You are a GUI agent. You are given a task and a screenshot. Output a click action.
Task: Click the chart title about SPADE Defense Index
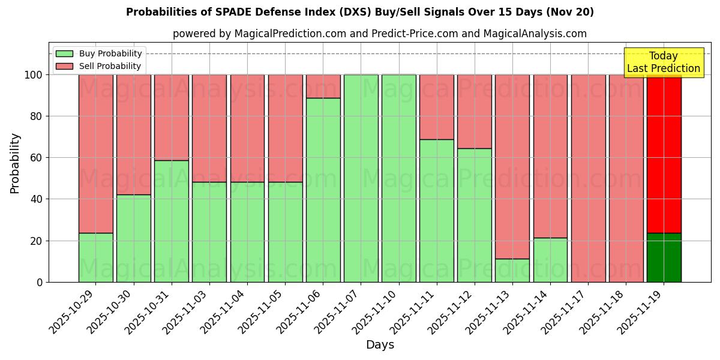[360, 12]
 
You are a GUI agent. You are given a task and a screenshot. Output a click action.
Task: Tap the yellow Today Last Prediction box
[663, 62]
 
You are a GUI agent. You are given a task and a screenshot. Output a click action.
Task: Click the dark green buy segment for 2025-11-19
[664, 257]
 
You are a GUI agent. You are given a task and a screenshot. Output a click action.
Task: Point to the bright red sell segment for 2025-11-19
[664, 154]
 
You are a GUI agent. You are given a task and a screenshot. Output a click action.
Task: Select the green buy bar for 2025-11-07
[361, 178]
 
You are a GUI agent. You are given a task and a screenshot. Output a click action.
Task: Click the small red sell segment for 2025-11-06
[323, 86]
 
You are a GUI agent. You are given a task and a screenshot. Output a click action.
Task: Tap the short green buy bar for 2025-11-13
[512, 270]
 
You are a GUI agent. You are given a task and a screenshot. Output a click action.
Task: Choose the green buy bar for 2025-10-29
[95, 257]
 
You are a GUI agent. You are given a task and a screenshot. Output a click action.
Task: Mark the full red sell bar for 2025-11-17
[588, 178]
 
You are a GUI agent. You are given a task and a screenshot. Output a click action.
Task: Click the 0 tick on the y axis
[40, 282]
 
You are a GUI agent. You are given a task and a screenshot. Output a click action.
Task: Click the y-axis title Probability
[15, 163]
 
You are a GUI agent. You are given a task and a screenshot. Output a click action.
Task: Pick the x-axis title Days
[380, 345]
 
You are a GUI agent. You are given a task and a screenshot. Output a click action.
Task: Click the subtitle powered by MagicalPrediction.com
[379, 34]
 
